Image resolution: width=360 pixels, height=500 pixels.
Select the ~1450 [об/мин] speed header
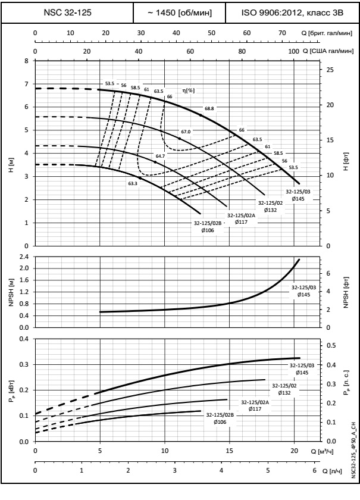tap(186, 12)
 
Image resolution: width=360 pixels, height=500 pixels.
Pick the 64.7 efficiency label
tap(160, 156)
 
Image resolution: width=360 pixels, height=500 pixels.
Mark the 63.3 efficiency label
tap(132, 183)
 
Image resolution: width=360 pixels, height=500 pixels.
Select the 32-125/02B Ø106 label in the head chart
tap(208, 227)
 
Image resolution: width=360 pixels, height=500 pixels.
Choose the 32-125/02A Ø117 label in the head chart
tap(241, 218)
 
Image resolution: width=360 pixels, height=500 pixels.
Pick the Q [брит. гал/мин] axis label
tap(328, 33)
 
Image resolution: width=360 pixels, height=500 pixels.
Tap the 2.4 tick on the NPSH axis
tap(23, 257)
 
